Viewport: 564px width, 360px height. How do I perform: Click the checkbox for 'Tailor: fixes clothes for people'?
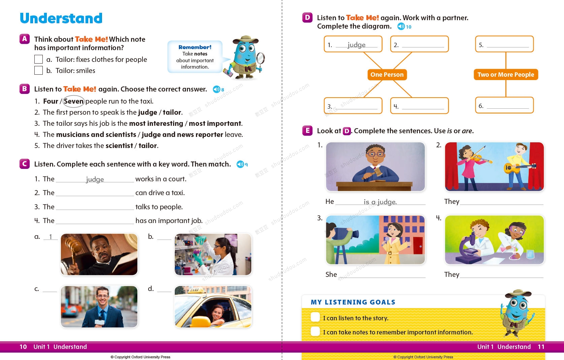(39, 60)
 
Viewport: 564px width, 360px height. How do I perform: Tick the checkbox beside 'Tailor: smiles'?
(39, 70)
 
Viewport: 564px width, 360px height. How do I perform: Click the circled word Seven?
(73, 101)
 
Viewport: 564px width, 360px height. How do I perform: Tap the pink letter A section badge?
(25, 39)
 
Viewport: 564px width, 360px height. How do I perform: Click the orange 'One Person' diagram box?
(387, 75)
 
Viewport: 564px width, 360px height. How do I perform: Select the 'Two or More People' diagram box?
(505, 75)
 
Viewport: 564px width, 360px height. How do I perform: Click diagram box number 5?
(504, 44)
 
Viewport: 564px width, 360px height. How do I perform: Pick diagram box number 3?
(353, 106)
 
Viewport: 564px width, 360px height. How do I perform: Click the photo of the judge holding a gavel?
(99, 254)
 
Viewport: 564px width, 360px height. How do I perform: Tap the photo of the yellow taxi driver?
(213, 307)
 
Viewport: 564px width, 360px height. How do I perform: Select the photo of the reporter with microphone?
(99, 307)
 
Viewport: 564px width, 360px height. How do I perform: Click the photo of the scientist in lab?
(213, 254)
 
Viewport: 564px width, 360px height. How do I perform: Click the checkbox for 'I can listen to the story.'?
(315, 317)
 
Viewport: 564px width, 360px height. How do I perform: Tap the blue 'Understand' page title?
(61, 18)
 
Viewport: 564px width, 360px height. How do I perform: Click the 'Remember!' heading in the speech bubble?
(195, 47)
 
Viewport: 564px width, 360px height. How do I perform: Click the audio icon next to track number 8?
(216, 89)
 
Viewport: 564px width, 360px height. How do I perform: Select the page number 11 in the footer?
(541, 347)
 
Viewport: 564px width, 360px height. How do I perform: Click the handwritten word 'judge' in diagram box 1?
(356, 45)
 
